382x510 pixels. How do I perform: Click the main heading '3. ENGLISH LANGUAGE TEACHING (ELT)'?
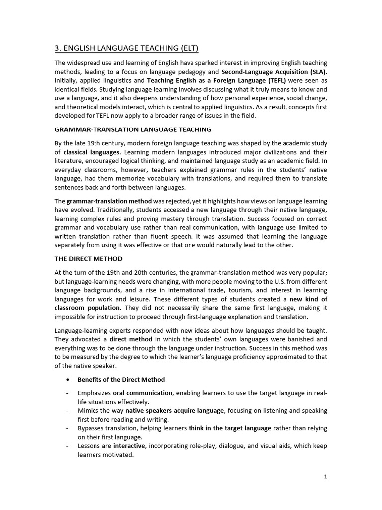pos(126,48)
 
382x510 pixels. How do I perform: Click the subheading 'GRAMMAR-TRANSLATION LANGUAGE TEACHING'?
pos(133,129)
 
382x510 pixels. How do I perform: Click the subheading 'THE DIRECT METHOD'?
pos(88,259)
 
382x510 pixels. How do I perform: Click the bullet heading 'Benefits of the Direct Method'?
pos(121,379)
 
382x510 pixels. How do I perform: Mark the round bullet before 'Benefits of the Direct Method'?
pos(67,380)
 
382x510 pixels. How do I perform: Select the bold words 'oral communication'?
pos(142,393)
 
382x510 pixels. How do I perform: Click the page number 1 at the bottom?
pos(325,477)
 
